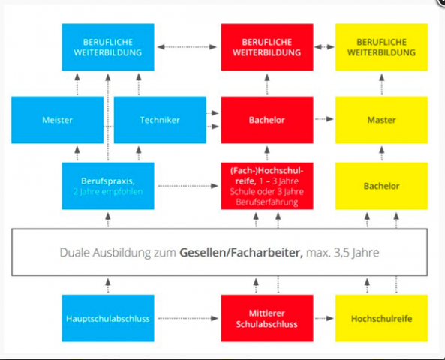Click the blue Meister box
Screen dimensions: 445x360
pyautogui.click(x=57, y=120)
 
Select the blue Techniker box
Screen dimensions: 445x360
pyautogui.click(x=160, y=120)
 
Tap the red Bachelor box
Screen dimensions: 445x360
pyautogui.click(x=267, y=120)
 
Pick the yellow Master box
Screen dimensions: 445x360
pyautogui.click(x=381, y=120)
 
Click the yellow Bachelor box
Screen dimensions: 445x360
pyautogui.click(x=381, y=186)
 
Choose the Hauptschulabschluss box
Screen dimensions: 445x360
pyautogui.click(x=108, y=318)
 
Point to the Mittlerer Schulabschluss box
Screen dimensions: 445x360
pyautogui.click(x=267, y=318)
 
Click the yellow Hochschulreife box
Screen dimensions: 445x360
pyautogui.click(x=381, y=318)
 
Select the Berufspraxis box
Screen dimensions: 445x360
pyautogui.click(x=108, y=186)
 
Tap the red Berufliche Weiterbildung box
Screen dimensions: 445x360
pyautogui.click(x=267, y=47)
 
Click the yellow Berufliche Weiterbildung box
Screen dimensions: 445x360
pyautogui.click(x=381, y=47)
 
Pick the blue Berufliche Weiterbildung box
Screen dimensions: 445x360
pyautogui.click(x=108, y=47)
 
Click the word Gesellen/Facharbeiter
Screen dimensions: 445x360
pyautogui.click(x=241, y=253)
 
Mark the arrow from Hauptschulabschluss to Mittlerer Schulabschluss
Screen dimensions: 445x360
pyautogui.click(x=188, y=318)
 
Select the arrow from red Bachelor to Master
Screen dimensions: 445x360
pyautogui.click(x=324, y=119)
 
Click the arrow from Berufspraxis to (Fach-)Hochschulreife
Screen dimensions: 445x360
pyautogui.click(x=188, y=186)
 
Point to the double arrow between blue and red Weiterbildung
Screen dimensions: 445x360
pyautogui.click(x=187, y=47)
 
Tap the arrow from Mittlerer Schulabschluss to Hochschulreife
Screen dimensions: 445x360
pyautogui.click(x=324, y=318)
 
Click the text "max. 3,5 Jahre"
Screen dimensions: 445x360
pyautogui.click(x=342, y=253)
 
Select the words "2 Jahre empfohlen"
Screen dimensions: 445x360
pyautogui.click(x=108, y=192)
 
